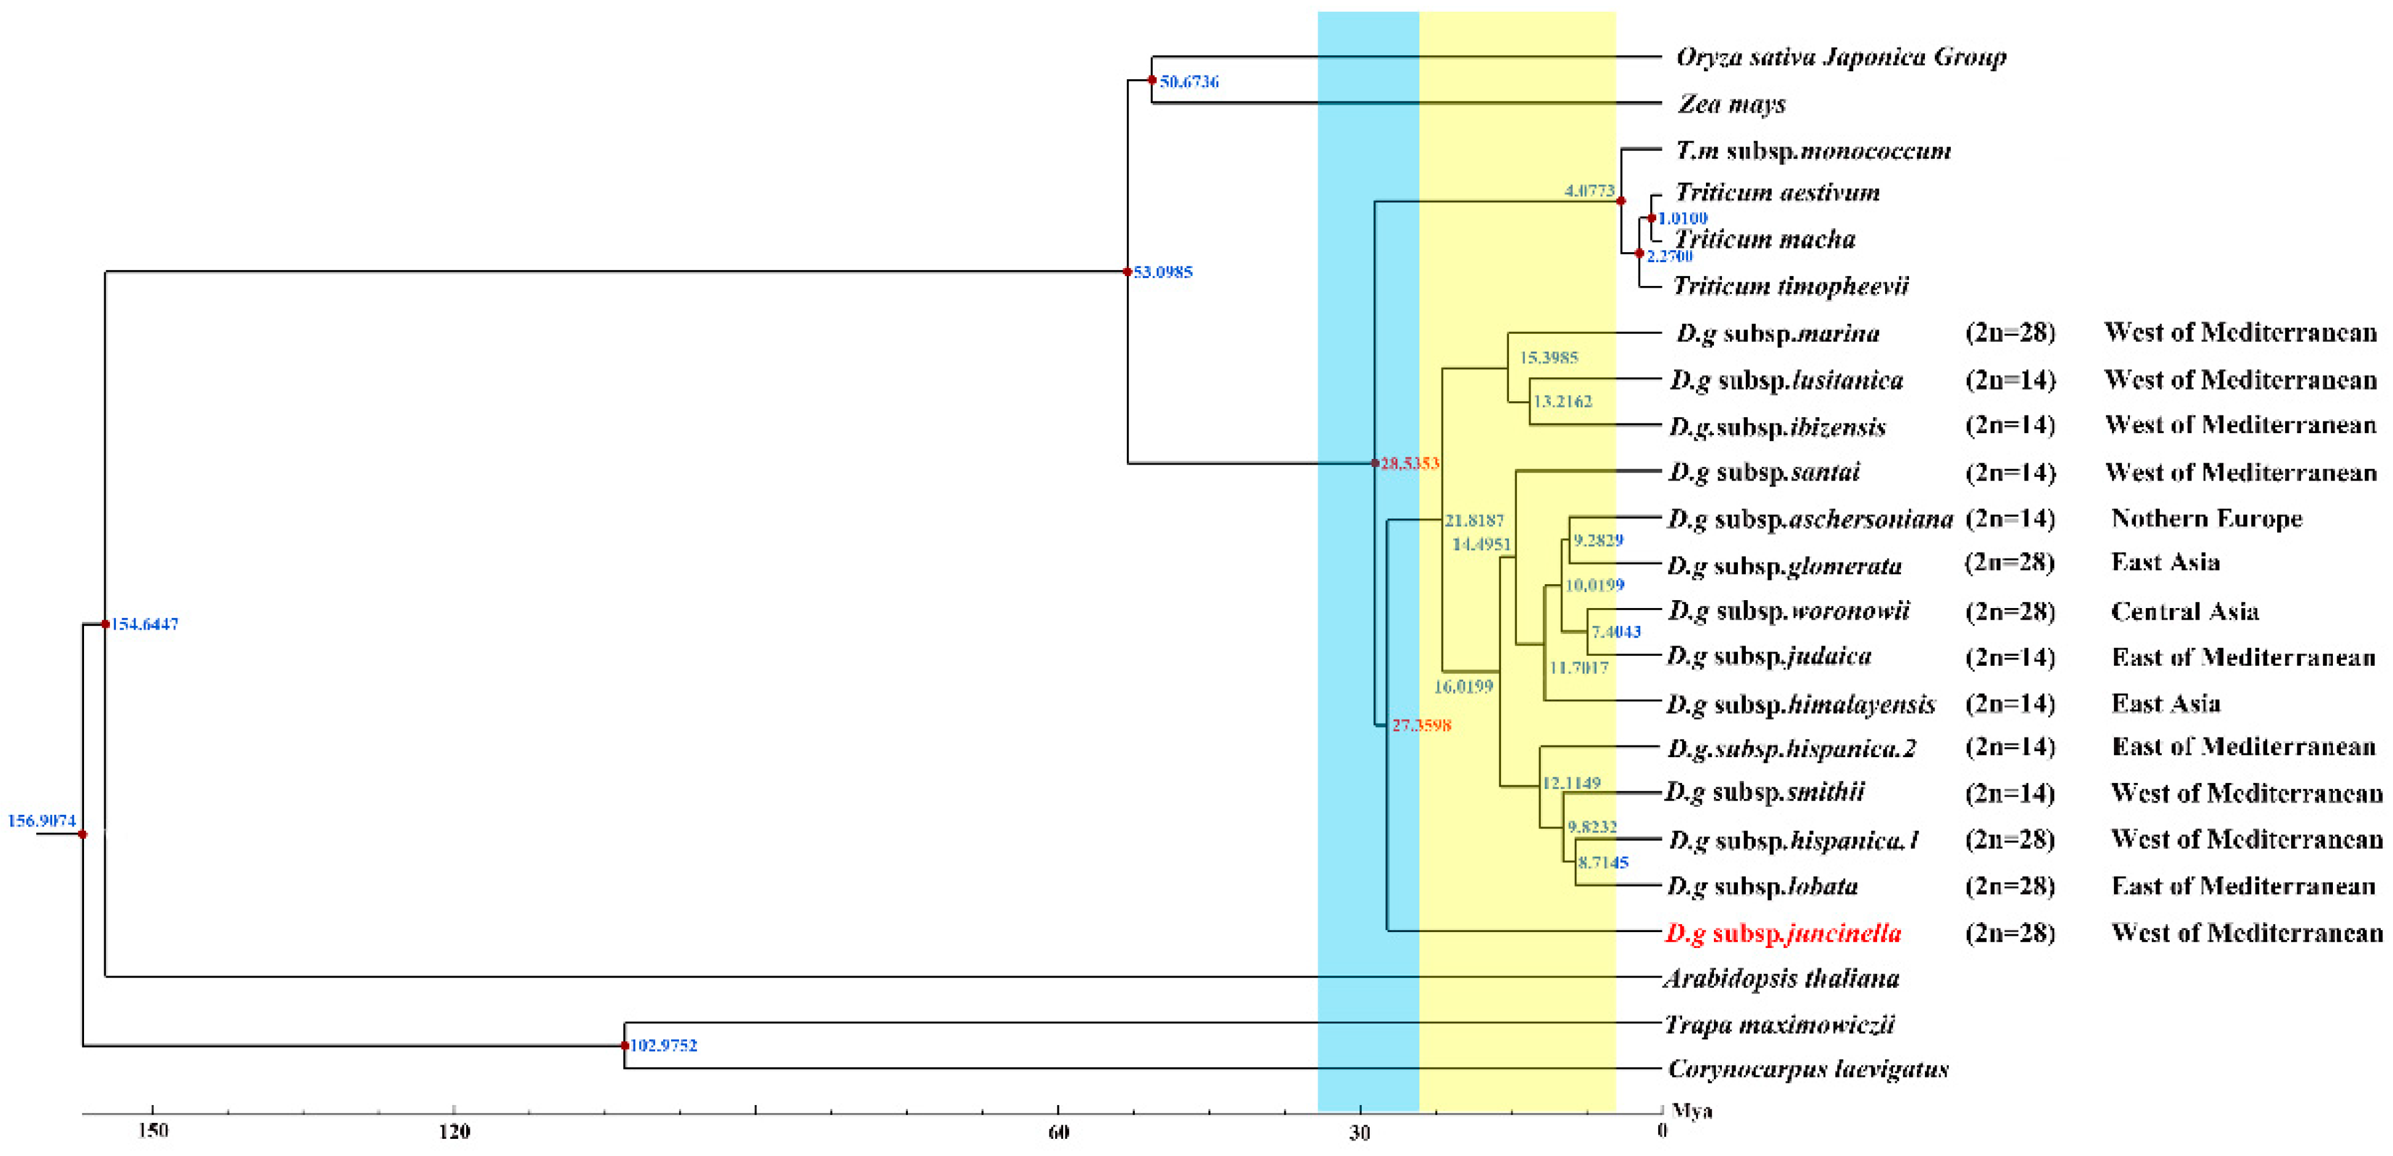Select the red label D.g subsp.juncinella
point(1783,933)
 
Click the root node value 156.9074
point(42,820)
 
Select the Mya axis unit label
point(1692,1111)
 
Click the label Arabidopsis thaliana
point(1781,979)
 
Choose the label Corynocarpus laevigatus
point(1808,1069)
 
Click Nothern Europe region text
point(2207,518)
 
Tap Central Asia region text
point(2184,612)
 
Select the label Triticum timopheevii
point(1790,285)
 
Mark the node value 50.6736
point(1189,82)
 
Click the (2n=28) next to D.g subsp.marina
point(2010,332)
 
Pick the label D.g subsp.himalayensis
point(1800,704)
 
